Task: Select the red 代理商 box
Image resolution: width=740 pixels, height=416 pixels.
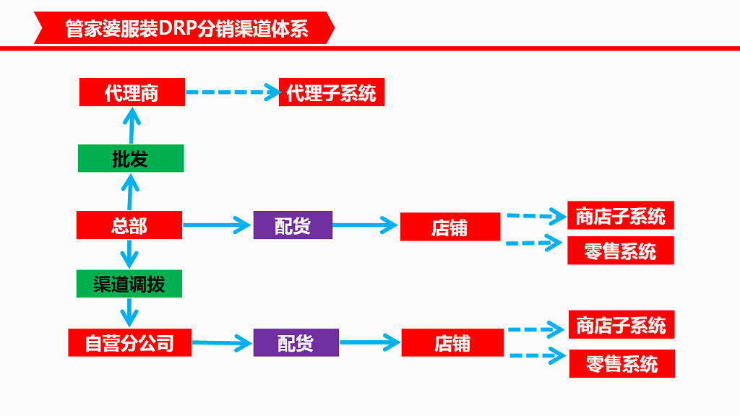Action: (x=132, y=93)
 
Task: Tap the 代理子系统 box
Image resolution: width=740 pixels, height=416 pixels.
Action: (x=331, y=93)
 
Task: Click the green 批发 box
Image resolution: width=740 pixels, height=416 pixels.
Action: (x=131, y=159)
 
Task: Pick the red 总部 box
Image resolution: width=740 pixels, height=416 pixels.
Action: (x=129, y=225)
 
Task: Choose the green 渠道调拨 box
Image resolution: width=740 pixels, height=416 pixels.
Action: (x=129, y=284)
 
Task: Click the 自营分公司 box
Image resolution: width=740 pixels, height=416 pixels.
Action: (x=130, y=342)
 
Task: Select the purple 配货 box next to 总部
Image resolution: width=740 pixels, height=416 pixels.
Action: (x=293, y=225)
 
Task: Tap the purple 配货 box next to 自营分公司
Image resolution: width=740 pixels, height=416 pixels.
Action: (x=296, y=342)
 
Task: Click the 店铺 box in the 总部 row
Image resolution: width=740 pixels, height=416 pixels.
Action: (x=449, y=227)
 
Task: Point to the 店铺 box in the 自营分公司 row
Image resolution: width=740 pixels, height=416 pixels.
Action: (x=452, y=342)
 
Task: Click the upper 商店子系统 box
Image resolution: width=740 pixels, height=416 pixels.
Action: (x=620, y=215)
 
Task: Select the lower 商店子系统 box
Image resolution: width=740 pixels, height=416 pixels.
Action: (x=621, y=326)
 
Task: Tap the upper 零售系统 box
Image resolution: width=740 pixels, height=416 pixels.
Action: (x=620, y=251)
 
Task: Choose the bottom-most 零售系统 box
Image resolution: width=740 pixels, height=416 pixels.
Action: (x=621, y=363)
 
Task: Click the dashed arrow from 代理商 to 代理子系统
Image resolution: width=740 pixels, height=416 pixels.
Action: (x=231, y=92)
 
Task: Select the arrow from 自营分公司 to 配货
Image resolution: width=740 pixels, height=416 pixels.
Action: (x=221, y=342)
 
